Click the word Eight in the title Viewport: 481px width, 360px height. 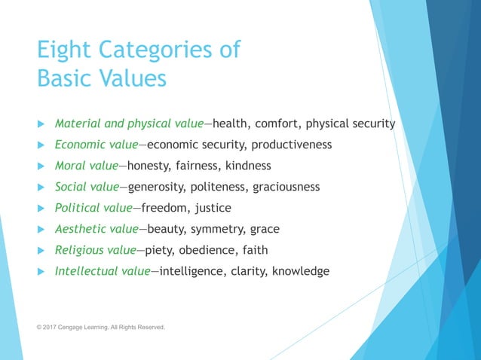(63, 50)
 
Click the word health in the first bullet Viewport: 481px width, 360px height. (231, 123)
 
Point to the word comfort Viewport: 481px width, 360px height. (278, 123)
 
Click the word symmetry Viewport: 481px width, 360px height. (216, 228)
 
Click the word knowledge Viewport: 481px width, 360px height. (300, 270)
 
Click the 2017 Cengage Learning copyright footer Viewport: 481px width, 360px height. (100, 328)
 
